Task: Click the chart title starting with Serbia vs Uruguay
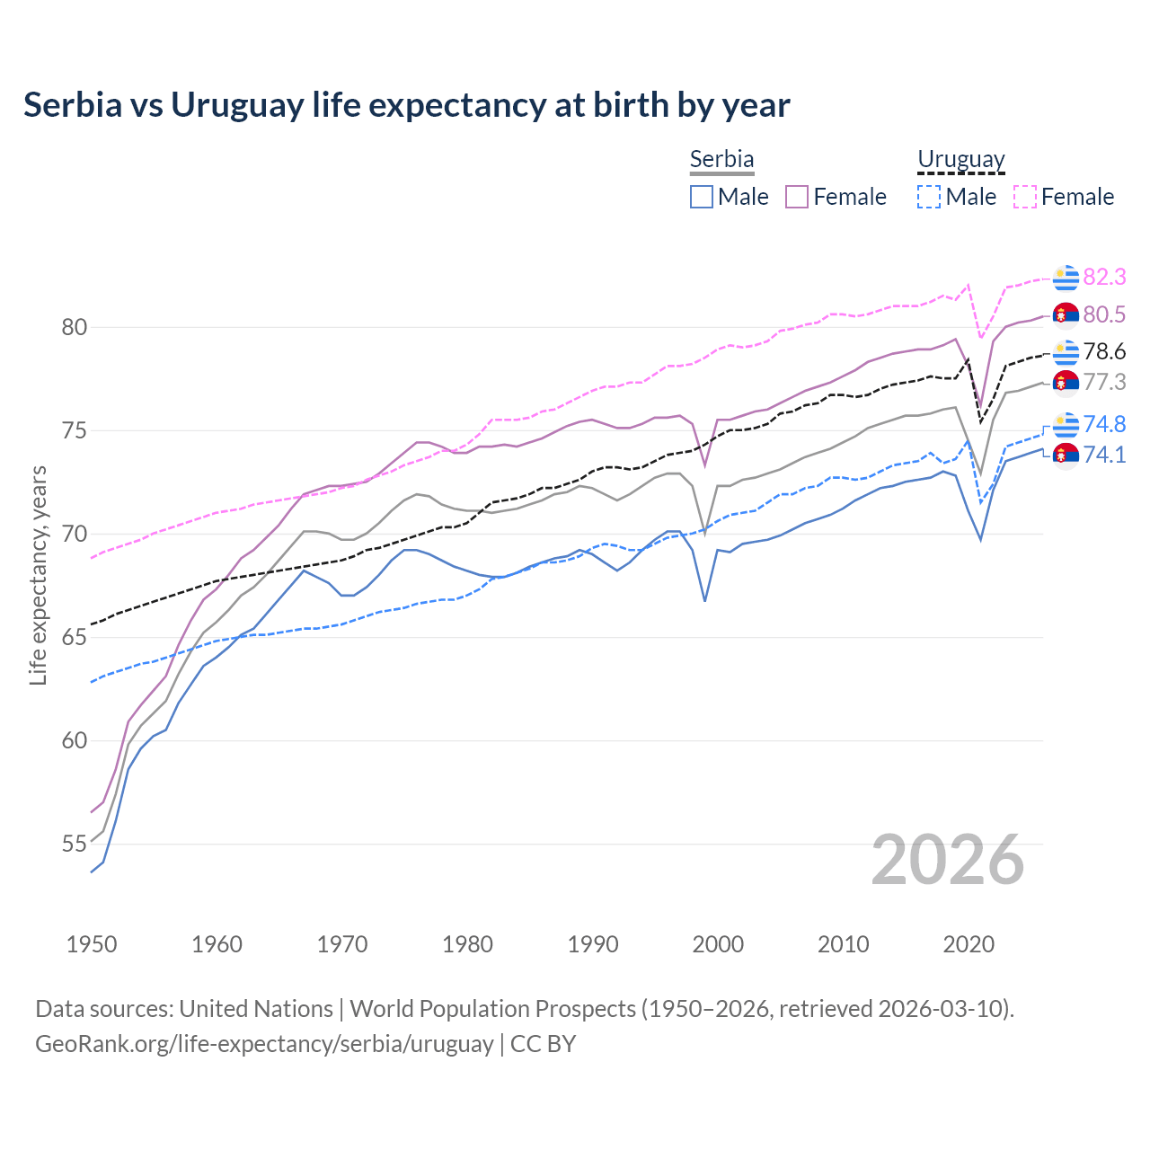[x=406, y=105]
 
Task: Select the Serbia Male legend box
[x=702, y=197]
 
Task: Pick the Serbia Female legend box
[x=797, y=197]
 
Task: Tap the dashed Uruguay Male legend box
[x=929, y=197]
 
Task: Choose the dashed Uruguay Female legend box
[x=1025, y=197]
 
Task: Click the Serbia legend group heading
[x=721, y=159]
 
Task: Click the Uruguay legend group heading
[x=960, y=159]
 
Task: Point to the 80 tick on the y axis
[x=75, y=327]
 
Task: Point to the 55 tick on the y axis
[x=75, y=845]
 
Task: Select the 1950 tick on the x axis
[x=92, y=944]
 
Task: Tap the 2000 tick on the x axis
[x=718, y=944]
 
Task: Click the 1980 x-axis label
[x=467, y=944]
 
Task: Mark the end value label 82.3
[x=1104, y=277]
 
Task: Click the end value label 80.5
[x=1104, y=314]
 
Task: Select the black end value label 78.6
[x=1104, y=351]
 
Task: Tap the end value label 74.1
[x=1104, y=455]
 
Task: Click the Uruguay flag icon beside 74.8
[x=1066, y=424]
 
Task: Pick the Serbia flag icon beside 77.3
[x=1066, y=382]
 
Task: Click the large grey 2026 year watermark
[x=947, y=860]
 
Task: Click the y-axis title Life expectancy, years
[x=39, y=575]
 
